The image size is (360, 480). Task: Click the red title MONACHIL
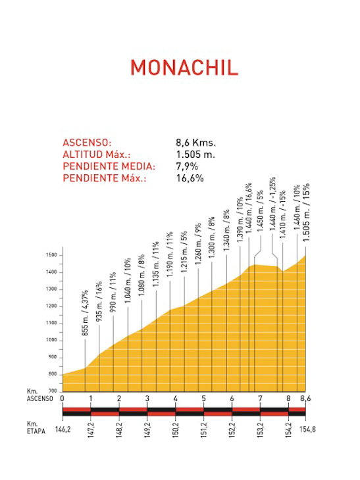click(184, 67)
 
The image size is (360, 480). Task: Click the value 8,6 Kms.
click(195, 143)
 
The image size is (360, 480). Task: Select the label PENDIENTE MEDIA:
click(109, 166)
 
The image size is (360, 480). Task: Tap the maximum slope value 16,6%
click(190, 178)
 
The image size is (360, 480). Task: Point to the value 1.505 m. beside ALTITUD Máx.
click(195, 155)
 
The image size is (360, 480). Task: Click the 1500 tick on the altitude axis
click(51, 255)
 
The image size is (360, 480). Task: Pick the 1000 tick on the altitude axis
click(51, 340)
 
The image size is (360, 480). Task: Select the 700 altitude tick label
click(53, 391)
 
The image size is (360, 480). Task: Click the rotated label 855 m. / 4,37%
click(85, 313)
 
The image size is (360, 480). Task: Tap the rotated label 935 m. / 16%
click(99, 302)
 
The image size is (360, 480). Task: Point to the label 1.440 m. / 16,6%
click(249, 208)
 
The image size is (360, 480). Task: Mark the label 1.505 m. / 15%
click(306, 212)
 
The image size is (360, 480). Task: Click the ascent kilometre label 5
click(203, 398)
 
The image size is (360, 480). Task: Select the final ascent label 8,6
click(305, 398)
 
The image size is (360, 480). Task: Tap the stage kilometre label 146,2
click(63, 429)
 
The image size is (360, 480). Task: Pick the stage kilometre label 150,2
click(175, 430)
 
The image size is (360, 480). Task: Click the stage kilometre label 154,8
click(307, 429)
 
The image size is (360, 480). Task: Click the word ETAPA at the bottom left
click(36, 431)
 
